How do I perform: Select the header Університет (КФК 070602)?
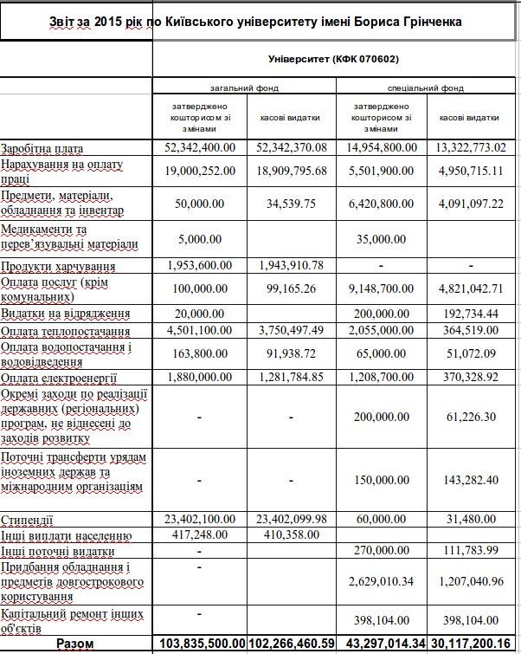click(334, 59)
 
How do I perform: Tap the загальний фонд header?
click(243, 88)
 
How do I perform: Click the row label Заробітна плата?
click(42, 148)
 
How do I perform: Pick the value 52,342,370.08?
click(291, 148)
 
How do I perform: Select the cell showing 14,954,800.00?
click(383, 148)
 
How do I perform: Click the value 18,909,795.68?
click(291, 171)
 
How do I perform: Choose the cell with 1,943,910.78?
click(291, 264)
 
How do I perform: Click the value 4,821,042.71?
click(470, 288)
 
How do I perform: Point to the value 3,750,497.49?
click(291, 330)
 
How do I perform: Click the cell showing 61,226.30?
click(470, 416)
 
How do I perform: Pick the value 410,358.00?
click(291, 535)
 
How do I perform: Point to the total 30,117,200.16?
click(470, 643)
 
